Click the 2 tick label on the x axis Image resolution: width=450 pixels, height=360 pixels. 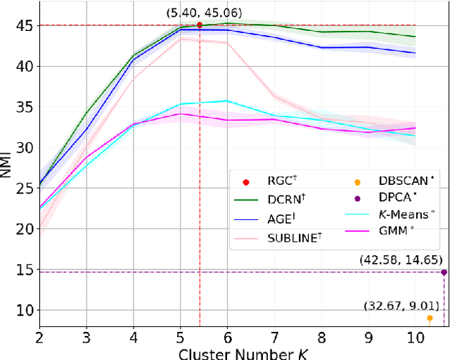39,335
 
